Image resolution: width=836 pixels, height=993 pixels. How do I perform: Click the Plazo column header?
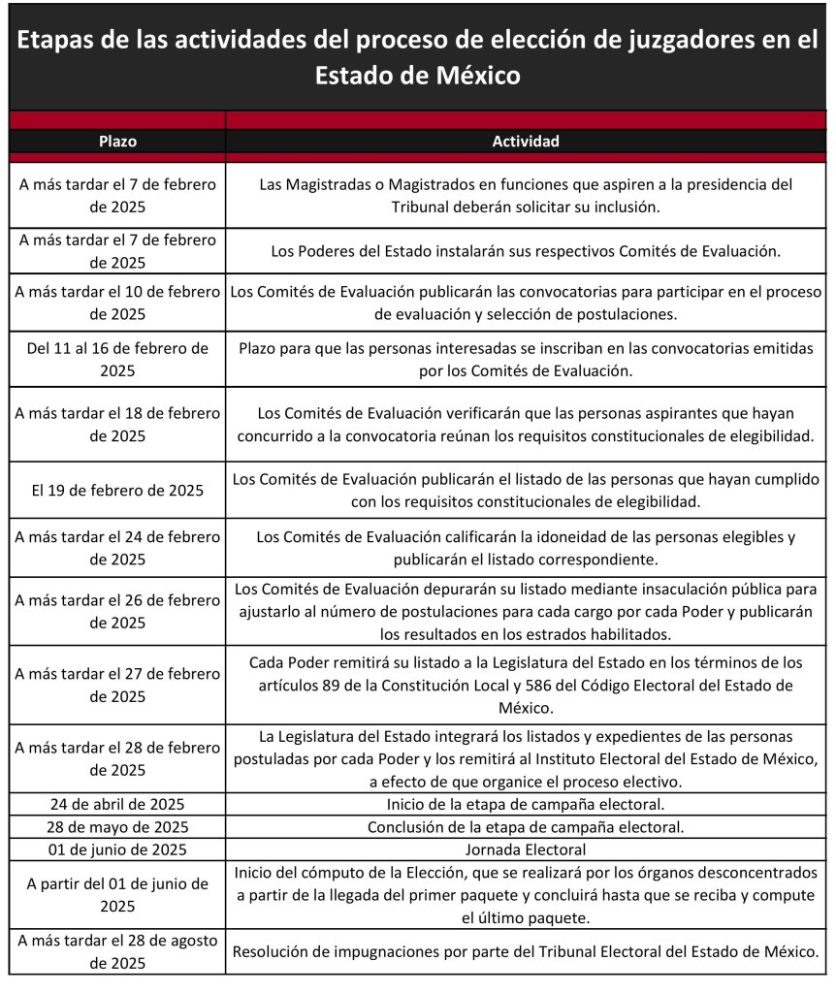117,142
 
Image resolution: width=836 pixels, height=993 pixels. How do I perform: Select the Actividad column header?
526,142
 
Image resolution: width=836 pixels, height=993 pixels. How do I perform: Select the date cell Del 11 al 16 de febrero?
117,359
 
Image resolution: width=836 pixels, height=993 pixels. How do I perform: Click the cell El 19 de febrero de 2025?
117,490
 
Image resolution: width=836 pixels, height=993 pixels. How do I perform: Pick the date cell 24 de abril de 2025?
117,804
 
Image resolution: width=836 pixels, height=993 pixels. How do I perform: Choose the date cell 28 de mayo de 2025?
117,827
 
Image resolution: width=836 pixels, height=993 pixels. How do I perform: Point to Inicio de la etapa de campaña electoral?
526,804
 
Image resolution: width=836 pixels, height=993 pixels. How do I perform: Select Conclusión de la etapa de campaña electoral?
526,827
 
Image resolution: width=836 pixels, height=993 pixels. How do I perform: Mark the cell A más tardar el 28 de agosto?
117,951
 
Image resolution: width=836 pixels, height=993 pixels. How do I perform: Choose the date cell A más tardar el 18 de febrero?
117,424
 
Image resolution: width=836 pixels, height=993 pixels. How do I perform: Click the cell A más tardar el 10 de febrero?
117,303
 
